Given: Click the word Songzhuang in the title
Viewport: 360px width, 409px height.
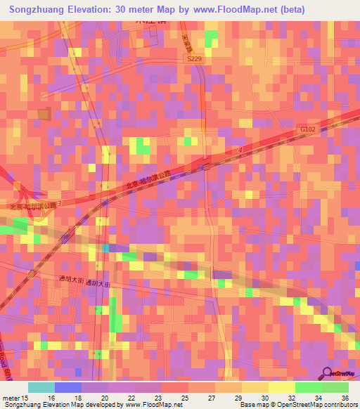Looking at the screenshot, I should click(39, 10).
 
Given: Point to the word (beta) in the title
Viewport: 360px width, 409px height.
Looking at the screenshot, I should click(291, 10).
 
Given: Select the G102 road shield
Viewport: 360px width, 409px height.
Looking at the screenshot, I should click(307, 129).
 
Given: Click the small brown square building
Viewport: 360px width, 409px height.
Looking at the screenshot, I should click(44, 114).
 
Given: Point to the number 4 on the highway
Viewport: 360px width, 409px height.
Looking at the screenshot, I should click(239, 150).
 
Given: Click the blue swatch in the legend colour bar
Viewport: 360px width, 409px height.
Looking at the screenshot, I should click(67, 387).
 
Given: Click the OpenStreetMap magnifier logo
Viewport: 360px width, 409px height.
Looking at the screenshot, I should click(328, 373).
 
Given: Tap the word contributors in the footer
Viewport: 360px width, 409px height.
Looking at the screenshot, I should click(339, 405).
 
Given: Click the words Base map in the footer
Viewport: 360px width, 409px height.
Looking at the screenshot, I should click(252, 405).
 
